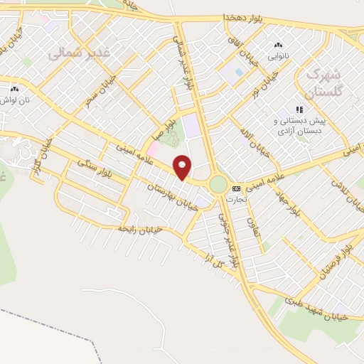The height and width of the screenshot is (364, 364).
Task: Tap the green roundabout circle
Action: [218, 185]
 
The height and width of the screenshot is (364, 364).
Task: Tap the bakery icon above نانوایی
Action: [277, 45]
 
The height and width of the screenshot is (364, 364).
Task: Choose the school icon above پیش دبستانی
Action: [299, 109]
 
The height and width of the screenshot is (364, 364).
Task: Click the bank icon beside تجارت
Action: [237, 188]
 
